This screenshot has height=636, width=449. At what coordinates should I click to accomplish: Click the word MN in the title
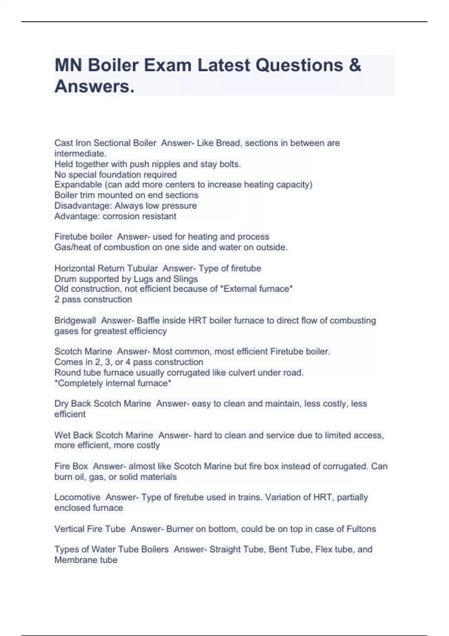click(x=68, y=65)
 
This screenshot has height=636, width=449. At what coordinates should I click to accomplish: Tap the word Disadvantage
click(x=83, y=206)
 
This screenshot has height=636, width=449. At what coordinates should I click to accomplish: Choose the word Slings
click(x=186, y=279)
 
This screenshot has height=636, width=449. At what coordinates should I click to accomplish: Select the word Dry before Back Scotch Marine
click(x=61, y=404)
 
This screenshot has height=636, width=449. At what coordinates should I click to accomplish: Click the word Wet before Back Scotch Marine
click(x=62, y=435)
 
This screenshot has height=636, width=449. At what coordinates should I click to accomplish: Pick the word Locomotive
click(x=77, y=497)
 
